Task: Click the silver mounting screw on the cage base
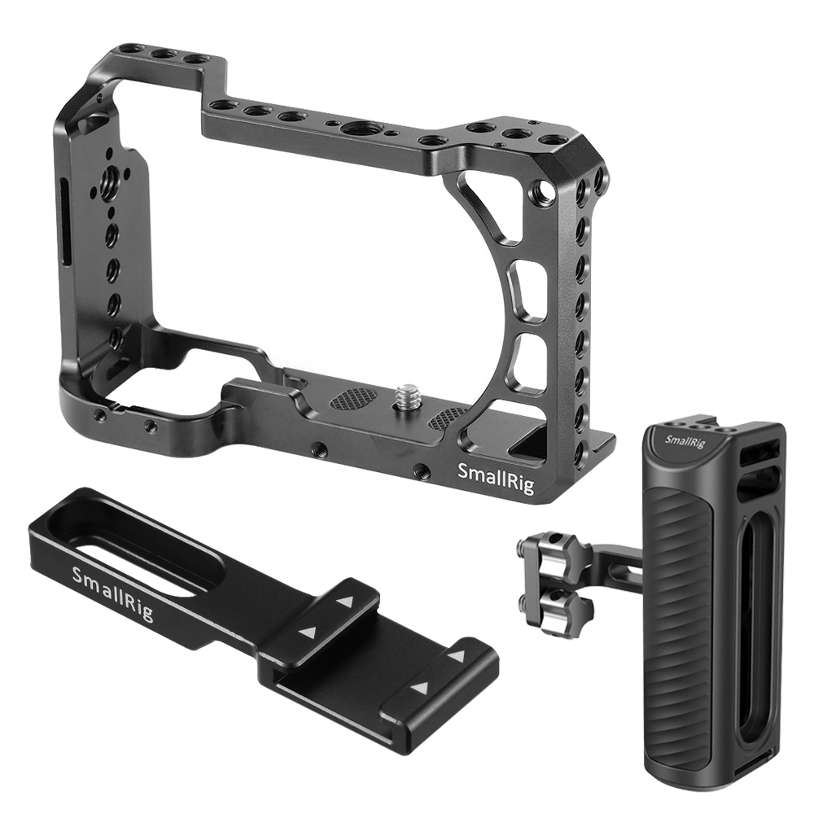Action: pos(405,399)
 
